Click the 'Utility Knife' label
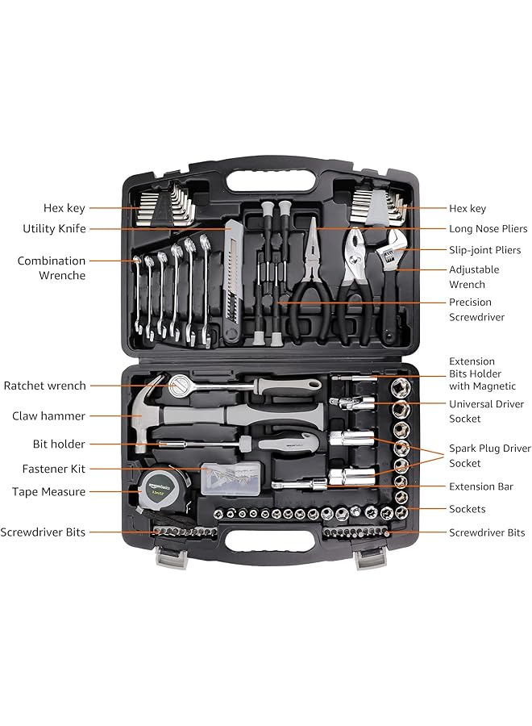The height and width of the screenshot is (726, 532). pyautogui.click(x=54, y=229)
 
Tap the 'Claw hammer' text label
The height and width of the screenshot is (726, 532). pyautogui.click(x=48, y=416)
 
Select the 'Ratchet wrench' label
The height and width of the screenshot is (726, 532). pyautogui.click(x=44, y=386)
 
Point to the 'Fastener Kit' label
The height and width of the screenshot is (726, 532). pyautogui.click(x=54, y=469)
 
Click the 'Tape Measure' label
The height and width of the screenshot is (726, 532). pyautogui.click(x=48, y=491)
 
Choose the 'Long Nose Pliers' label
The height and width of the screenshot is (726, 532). pyautogui.click(x=488, y=229)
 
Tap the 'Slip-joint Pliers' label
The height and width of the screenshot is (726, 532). pyautogui.click(x=484, y=250)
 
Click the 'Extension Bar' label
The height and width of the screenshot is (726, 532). pyautogui.click(x=482, y=486)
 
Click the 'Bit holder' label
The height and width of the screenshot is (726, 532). pyautogui.click(x=59, y=444)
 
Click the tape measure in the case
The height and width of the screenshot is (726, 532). pyautogui.click(x=160, y=491)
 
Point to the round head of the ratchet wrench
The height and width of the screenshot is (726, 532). pyautogui.click(x=179, y=386)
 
